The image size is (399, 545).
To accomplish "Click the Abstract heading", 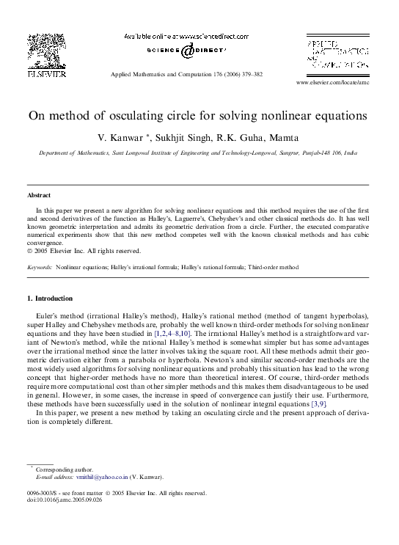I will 39,195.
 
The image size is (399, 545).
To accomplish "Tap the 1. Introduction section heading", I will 50,299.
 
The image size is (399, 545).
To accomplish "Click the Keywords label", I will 39,268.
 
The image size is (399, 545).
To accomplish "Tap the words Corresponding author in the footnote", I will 65,469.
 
